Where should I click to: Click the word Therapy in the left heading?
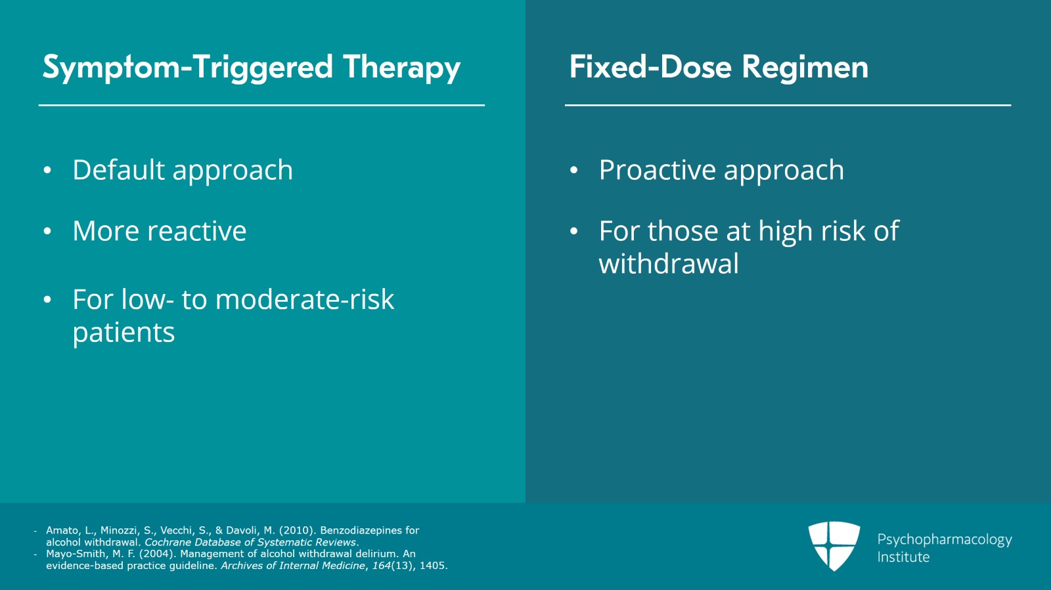coord(401,68)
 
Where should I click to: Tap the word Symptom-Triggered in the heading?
coord(187,68)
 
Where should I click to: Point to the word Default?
coord(118,170)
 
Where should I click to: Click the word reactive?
coord(196,231)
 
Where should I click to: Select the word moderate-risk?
coord(304,300)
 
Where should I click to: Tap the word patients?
coord(123,333)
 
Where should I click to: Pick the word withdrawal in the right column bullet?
coord(669,264)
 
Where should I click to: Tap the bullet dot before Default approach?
coord(47,171)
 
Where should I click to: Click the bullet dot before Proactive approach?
coord(573,171)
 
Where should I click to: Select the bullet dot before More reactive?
coord(47,232)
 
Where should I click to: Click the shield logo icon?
coord(834,545)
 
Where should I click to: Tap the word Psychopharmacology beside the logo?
coord(944,539)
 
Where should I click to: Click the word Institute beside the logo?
coord(903,557)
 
